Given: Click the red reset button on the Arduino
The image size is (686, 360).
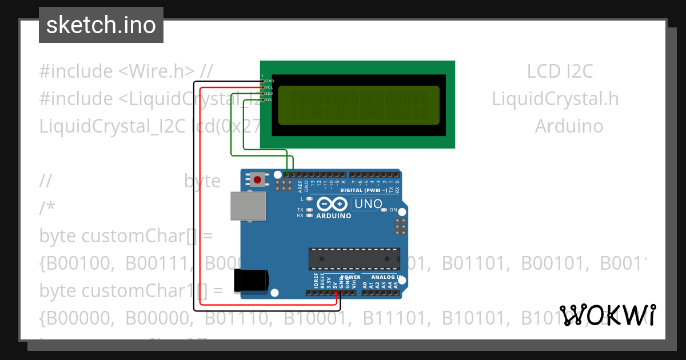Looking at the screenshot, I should tap(257, 180).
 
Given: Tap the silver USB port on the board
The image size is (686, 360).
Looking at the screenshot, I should tap(248, 206).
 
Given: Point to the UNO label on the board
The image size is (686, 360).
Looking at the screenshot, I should tap(368, 203).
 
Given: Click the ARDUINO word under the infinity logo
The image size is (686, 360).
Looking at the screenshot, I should tap(334, 216).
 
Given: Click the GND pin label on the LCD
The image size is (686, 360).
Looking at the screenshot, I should tap(270, 81).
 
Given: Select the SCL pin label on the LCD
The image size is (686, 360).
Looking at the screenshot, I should tap(269, 100).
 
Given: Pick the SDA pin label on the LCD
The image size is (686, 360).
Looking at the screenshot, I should tap(269, 94).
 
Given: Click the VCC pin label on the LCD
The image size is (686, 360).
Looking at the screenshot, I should tap(269, 87).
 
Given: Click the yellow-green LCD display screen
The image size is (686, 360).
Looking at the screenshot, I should tap(358, 105).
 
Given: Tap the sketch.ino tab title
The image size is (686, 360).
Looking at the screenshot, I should tap(101, 25).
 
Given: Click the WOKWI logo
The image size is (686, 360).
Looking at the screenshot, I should tap(608, 315).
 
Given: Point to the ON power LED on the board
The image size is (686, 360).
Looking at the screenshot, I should tap(384, 210).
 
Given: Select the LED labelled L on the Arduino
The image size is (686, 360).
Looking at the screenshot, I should tap(309, 199).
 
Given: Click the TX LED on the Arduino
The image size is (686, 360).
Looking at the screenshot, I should tap(309, 210).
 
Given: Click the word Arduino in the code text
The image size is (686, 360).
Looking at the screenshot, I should tap(569, 126).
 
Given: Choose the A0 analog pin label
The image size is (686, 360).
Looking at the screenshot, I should tap(365, 284).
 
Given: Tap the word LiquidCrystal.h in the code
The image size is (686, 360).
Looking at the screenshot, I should tap(555, 99).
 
